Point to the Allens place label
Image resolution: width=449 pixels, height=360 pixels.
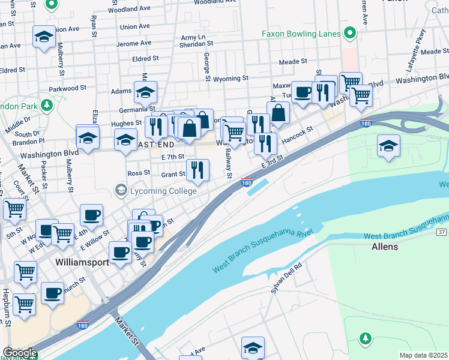click(385, 247)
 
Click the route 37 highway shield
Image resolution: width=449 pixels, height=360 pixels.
click(441, 232)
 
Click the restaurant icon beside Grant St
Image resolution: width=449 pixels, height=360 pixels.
click(197, 170)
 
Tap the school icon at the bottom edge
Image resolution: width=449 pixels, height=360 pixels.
click(253, 348)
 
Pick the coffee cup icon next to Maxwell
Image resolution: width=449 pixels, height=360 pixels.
click(303, 92)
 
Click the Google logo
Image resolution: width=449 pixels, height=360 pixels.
click(19, 353)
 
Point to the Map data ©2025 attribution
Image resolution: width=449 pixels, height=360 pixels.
click(423, 355)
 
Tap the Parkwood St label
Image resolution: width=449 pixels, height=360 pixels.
click(64, 88)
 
